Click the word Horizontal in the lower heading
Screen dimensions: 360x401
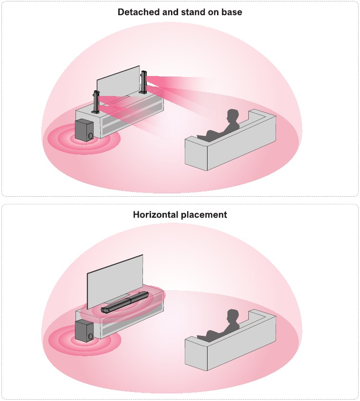click(155, 214)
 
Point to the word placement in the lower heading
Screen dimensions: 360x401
click(204, 215)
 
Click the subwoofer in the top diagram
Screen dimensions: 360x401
click(85, 130)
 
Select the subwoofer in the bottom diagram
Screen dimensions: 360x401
click(85, 331)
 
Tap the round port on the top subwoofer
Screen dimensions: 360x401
click(90, 135)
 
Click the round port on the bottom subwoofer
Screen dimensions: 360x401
click(90, 336)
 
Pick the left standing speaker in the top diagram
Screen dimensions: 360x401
click(96, 102)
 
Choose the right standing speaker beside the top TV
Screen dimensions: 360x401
click(143, 82)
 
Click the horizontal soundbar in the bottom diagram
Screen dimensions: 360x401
click(124, 302)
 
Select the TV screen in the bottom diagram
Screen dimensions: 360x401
click(115, 282)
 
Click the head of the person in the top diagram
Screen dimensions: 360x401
click(232, 116)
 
